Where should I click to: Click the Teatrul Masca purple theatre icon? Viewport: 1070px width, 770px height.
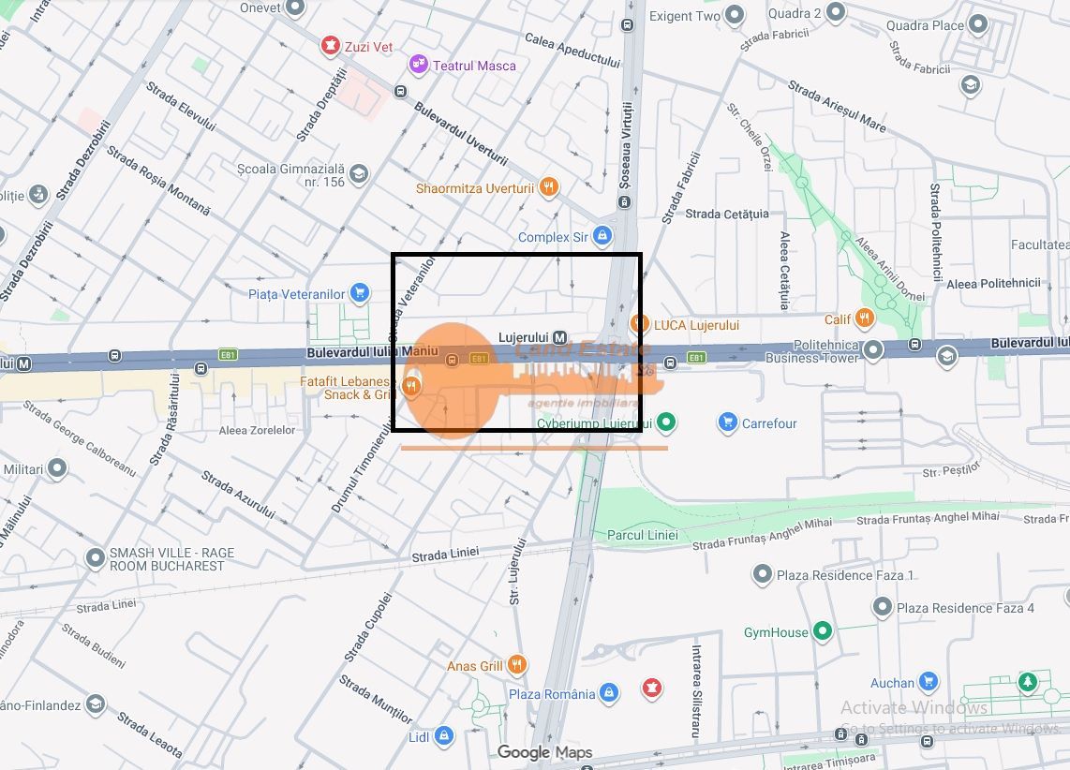tap(418, 65)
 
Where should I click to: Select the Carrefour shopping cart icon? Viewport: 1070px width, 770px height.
tap(727, 422)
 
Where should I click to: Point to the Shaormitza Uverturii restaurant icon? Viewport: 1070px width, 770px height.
tap(549, 187)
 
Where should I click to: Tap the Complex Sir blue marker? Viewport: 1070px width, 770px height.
tap(603, 236)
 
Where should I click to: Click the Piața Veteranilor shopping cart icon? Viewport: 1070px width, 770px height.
tap(359, 293)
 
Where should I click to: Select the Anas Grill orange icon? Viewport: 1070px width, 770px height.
tap(516, 665)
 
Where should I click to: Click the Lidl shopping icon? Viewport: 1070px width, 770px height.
tap(444, 737)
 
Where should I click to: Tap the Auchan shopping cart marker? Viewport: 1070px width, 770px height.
tap(929, 682)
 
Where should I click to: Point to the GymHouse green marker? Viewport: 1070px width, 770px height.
tap(823, 631)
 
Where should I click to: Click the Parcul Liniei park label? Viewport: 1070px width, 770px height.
tap(642, 535)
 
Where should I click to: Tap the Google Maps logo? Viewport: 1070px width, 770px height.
tap(544, 752)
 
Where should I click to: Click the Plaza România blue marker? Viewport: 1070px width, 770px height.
tap(609, 693)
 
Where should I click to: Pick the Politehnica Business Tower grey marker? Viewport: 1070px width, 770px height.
tap(873, 350)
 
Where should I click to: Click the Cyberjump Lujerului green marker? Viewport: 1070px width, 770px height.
tap(666, 423)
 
